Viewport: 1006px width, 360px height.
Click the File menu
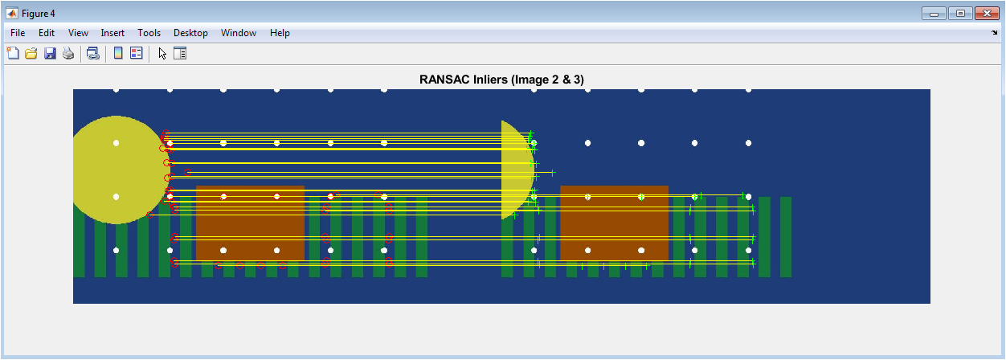click(18, 33)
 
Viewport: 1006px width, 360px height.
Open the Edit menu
click(47, 33)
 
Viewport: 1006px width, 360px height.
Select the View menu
click(78, 33)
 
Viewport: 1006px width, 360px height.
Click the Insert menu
click(112, 33)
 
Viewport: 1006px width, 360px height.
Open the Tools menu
click(149, 33)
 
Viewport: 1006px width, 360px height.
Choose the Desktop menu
click(190, 33)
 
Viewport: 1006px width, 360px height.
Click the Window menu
click(239, 33)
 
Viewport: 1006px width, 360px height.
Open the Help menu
click(280, 33)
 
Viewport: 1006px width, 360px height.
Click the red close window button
click(987, 14)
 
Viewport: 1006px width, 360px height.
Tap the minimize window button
click(934, 14)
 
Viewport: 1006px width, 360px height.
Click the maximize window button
click(961, 14)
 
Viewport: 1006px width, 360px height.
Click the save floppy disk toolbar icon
click(49, 54)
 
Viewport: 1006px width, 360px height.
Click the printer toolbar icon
click(68, 54)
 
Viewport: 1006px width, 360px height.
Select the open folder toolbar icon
click(31, 54)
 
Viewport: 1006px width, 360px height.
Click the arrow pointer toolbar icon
click(162, 54)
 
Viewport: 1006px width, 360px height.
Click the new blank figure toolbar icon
click(13, 53)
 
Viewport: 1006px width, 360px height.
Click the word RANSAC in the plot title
click(440, 80)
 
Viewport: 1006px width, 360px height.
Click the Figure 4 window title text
click(39, 14)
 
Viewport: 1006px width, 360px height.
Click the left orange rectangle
click(250, 223)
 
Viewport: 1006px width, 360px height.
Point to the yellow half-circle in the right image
click(517, 170)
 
